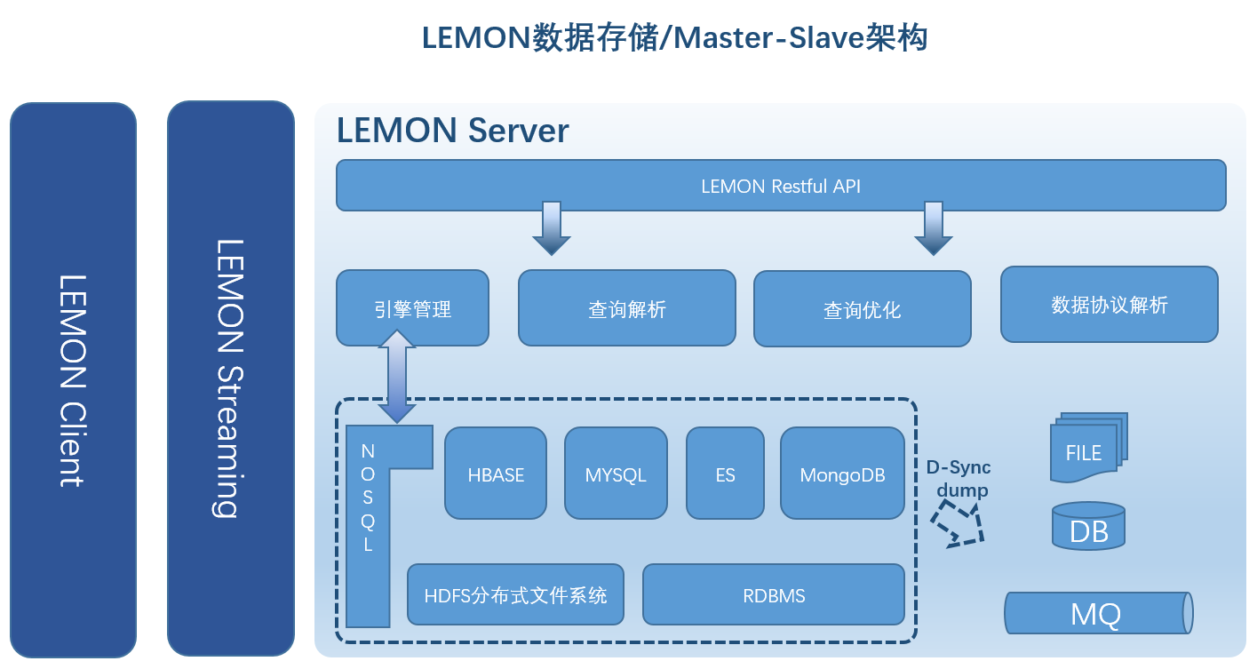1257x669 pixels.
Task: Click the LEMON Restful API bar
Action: click(780, 186)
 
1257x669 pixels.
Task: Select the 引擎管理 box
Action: click(412, 308)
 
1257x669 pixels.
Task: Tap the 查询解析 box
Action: click(626, 308)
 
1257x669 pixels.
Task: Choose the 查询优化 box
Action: click(862, 309)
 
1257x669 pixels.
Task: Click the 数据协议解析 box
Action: click(1109, 305)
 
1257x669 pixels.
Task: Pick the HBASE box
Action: click(496, 474)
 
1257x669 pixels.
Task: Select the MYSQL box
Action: click(616, 474)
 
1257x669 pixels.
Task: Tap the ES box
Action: click(725, 474)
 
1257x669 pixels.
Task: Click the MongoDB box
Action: click(842, 474)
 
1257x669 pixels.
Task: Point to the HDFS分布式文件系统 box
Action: click(515, 594)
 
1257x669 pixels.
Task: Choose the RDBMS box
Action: click(774, 594)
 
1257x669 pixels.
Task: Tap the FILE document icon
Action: click(1086, 450)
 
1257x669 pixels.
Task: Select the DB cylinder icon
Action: click(1088, 528)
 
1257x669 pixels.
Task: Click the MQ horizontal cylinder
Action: click(1097, 613)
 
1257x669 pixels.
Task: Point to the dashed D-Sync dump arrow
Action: click(959, 524)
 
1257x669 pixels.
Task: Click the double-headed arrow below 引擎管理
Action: click(397, 377)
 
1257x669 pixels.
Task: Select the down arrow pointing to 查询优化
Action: click(933, 228)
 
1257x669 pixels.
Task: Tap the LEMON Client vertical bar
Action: click(73, 380)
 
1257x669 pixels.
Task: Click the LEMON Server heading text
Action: click(452, 131)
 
